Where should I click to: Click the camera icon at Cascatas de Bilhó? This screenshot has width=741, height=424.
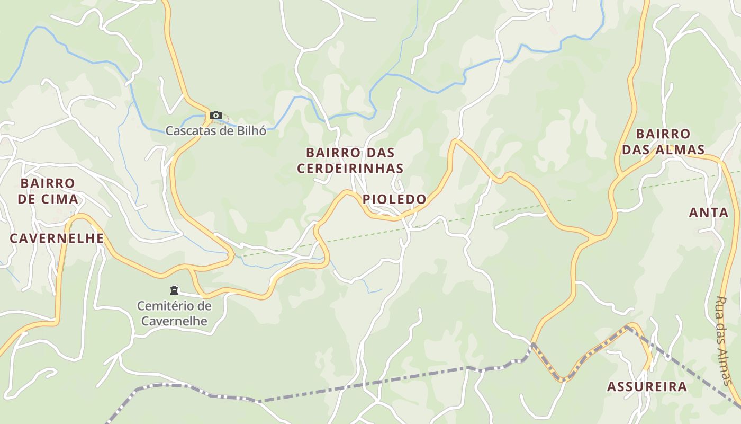(x=215, y=115)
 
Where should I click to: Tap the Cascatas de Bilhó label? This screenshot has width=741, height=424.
(x=215, y=130)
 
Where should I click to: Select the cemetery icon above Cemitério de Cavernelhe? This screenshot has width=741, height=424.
(x=174, y=290)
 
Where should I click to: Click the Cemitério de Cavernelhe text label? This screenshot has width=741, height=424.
(x=174, y=313)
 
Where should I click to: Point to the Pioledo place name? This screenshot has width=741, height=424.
(x=394, y=199)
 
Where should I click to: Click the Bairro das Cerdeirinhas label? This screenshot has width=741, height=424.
(x=350, y=161)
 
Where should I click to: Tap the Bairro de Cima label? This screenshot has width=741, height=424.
(x=48, y=191)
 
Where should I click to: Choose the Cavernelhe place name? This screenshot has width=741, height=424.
(x=57, y=238)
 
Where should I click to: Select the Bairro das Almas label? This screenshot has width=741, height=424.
(x=663, y=142)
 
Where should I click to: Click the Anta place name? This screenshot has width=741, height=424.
(x=709, y=213)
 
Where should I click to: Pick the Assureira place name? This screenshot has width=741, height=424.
(x=647, y=386)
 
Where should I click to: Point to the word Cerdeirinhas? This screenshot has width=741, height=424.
(x=350, y=169)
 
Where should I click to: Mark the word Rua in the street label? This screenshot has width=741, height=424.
(x=720, y=305)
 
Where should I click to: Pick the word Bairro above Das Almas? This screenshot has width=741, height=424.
(x=663, y=134)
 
